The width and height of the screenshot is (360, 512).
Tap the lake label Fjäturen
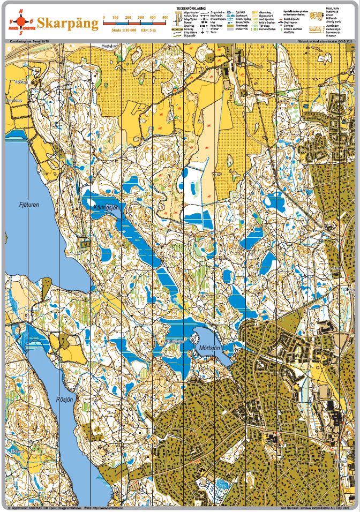(29, 205)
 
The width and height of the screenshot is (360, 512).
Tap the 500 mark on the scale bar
(166, 18)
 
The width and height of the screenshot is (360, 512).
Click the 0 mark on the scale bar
(103, 18)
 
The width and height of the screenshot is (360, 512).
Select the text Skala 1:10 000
(123, 31)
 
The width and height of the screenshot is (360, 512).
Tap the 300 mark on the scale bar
(140, 18)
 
